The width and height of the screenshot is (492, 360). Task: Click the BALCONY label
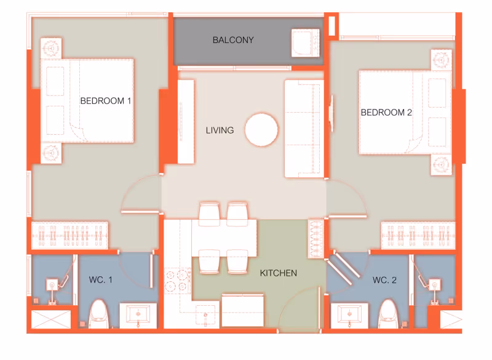click(233, 40)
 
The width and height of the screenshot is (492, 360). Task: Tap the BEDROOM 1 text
click(105, 101)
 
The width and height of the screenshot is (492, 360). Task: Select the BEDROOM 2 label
click(386, 113)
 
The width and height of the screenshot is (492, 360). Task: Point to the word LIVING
click(220, 130)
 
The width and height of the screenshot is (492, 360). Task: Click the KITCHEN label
click(279, 273)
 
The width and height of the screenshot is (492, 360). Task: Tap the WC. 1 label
click(100, 279)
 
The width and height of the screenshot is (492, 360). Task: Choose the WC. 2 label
click(384, 280)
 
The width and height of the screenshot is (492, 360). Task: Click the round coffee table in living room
click(261, 130)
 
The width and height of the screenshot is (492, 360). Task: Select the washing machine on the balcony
click(306, 43)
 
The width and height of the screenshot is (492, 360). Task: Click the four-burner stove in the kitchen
click(178, 281)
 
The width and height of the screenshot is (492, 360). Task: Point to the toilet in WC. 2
click(388, 314)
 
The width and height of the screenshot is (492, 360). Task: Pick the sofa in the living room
click(304, 129)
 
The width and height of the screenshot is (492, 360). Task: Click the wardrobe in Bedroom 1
click(69, 236)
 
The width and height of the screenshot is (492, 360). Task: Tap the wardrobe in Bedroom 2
click(418, 236)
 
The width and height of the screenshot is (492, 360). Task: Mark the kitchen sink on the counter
click(205, 315)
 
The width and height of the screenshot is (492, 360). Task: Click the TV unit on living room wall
click(186, 122)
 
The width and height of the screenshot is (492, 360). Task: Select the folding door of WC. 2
click(344, 268)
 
